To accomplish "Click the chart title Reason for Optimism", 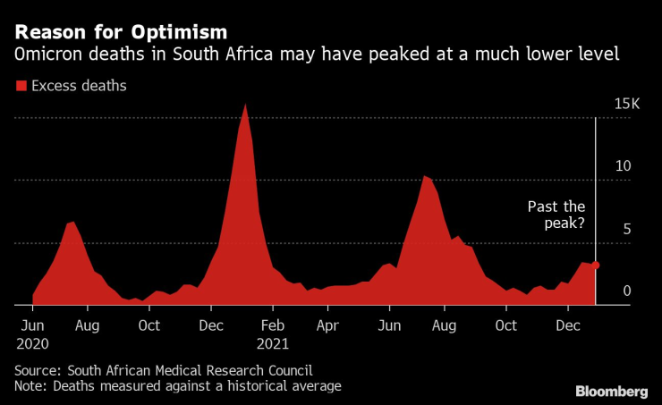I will pyautogui.click(x=108, y=34).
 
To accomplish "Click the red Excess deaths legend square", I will pyautogui.click(x=21, y=87).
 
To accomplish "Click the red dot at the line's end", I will pyautogui.click(x=596, y=266).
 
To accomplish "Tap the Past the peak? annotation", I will pyautogui.click(x=556, y=215).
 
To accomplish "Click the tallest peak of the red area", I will pyautogui.click(x=245, y=105).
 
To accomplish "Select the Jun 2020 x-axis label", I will pyautogui.click(x=33, y=333).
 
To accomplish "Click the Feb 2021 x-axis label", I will pyautogui.click(x=273, y=333).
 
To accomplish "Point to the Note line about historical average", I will pyautogui.click(x=178, y=386).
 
